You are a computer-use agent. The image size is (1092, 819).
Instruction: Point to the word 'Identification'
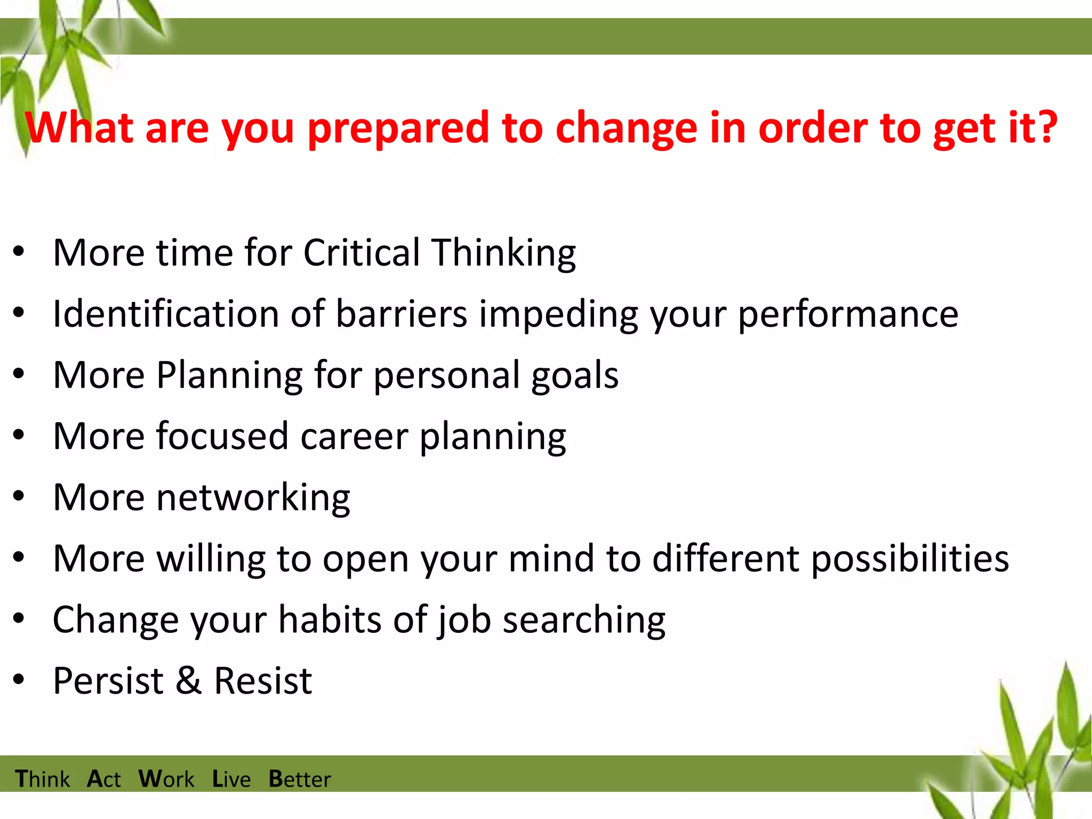(165, 314)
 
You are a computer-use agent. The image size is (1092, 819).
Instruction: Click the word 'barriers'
(401, 314)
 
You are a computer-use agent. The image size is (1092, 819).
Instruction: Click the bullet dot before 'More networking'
(19, 496)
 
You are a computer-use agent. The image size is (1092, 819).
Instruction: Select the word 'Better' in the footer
(299, 779)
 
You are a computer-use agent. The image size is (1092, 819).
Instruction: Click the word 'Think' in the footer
(42, 779)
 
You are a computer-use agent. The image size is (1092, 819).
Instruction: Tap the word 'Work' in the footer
(166, 779)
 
